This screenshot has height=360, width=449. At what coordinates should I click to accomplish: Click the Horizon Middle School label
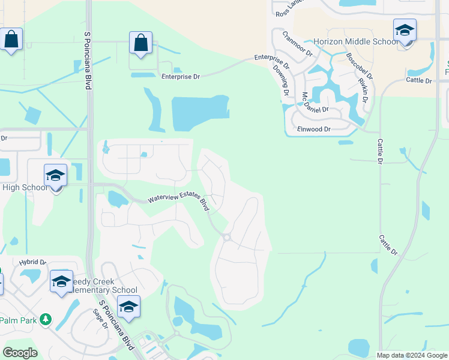[x=355, y=41]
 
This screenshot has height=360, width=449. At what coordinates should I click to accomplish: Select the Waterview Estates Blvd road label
[x=178, y=201]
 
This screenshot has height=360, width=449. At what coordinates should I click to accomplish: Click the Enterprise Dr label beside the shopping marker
[x=180, y=77]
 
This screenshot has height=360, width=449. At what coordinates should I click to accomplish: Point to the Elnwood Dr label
[x=313, y=129]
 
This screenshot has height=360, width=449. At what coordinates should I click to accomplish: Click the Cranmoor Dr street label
[x=297, y=44]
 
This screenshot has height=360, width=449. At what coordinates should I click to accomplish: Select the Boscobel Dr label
[x=359, y=67]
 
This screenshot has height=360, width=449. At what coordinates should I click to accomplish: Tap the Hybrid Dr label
[x=32, y=262]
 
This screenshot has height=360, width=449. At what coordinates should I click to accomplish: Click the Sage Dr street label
[x=100, y=319]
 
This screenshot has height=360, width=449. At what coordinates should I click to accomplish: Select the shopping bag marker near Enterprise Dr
[x=140, y=44]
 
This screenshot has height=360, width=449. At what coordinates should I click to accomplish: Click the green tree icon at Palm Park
[x=45, y=320]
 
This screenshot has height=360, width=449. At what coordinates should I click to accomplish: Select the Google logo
[x=20, y=353]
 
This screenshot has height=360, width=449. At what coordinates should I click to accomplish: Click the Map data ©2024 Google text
[x=411, y=355]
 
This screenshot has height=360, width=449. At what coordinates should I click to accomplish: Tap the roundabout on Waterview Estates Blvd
[x=227, y=238]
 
